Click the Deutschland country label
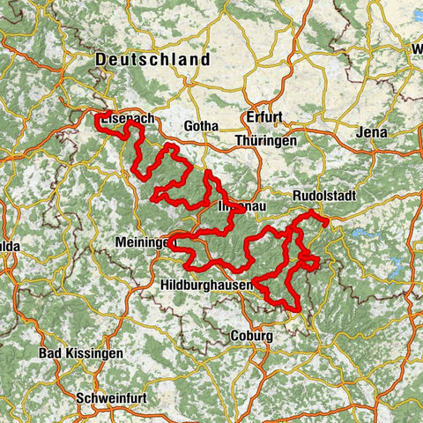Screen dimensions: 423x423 153,60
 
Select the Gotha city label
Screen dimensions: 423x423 200,127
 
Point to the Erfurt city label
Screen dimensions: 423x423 263,117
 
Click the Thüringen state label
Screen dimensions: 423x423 264,140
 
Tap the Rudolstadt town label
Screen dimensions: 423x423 324,198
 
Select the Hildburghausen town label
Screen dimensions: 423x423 207,286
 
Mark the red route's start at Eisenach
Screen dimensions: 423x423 98,115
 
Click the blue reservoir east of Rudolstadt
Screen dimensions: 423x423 366,234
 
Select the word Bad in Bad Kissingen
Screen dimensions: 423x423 49,353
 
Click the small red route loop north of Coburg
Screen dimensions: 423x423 308,262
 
